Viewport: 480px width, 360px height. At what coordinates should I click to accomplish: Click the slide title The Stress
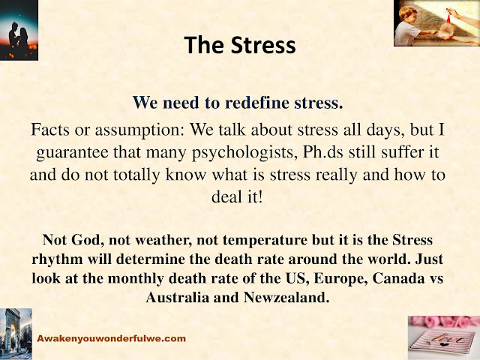point(240,45)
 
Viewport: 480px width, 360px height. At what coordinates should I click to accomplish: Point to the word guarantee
point(72,153)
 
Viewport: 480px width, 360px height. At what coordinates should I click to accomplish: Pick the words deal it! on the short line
point(237,196)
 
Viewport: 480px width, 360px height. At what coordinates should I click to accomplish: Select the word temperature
point(265,241)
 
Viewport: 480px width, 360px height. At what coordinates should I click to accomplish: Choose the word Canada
point(398,278)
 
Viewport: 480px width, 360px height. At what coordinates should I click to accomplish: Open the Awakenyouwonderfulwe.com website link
point(112,338)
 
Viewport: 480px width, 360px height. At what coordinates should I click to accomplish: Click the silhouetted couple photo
point(19,30)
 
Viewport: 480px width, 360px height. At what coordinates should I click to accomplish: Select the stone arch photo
point(16,334)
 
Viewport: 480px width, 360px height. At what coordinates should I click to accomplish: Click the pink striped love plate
point(444,340)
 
